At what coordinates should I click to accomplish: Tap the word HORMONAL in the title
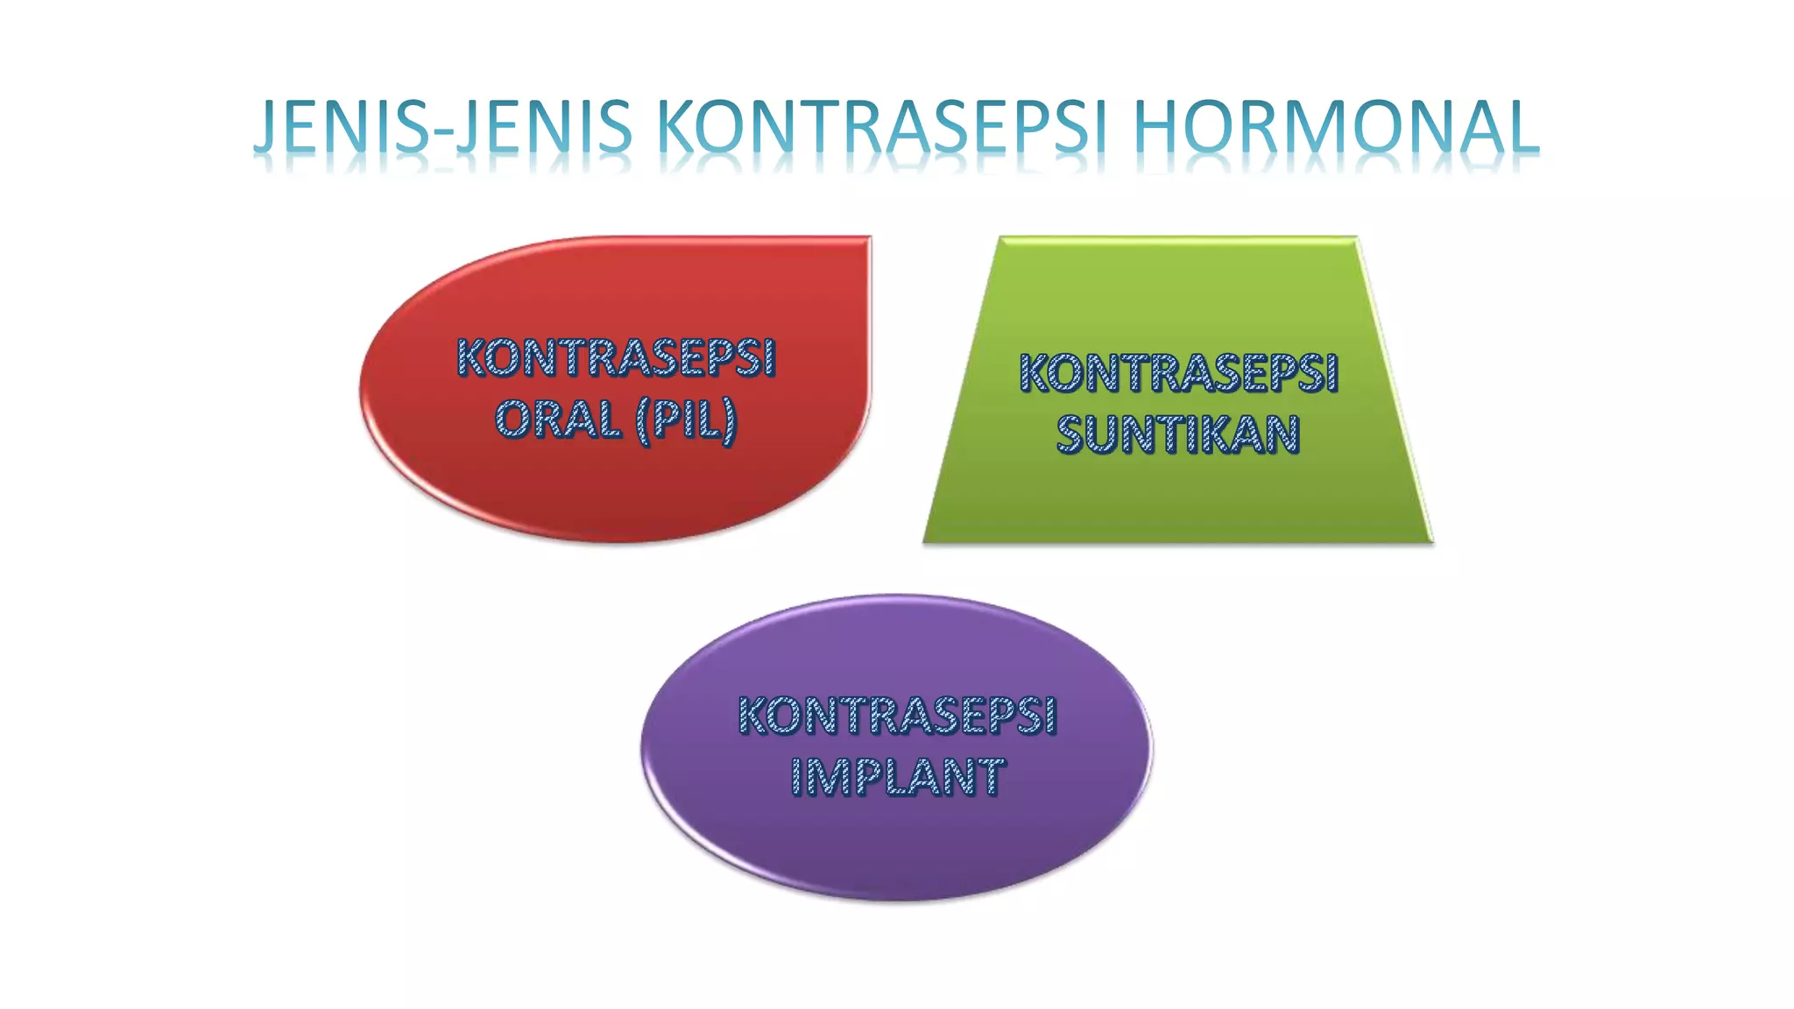click(x=1335, y=127)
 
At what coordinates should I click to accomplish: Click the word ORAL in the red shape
click(x=558, y=420)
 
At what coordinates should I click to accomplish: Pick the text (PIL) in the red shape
click(x=687, y=420)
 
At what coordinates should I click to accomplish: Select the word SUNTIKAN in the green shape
click(x=1178, y=434)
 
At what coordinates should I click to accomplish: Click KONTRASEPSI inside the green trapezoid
click(x=1178, y=373)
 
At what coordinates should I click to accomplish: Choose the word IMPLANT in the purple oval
click(x=897, y=777)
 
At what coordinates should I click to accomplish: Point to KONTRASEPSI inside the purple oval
click(x=897, y=716)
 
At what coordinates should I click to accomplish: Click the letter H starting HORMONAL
click(x=1155, y=127)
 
